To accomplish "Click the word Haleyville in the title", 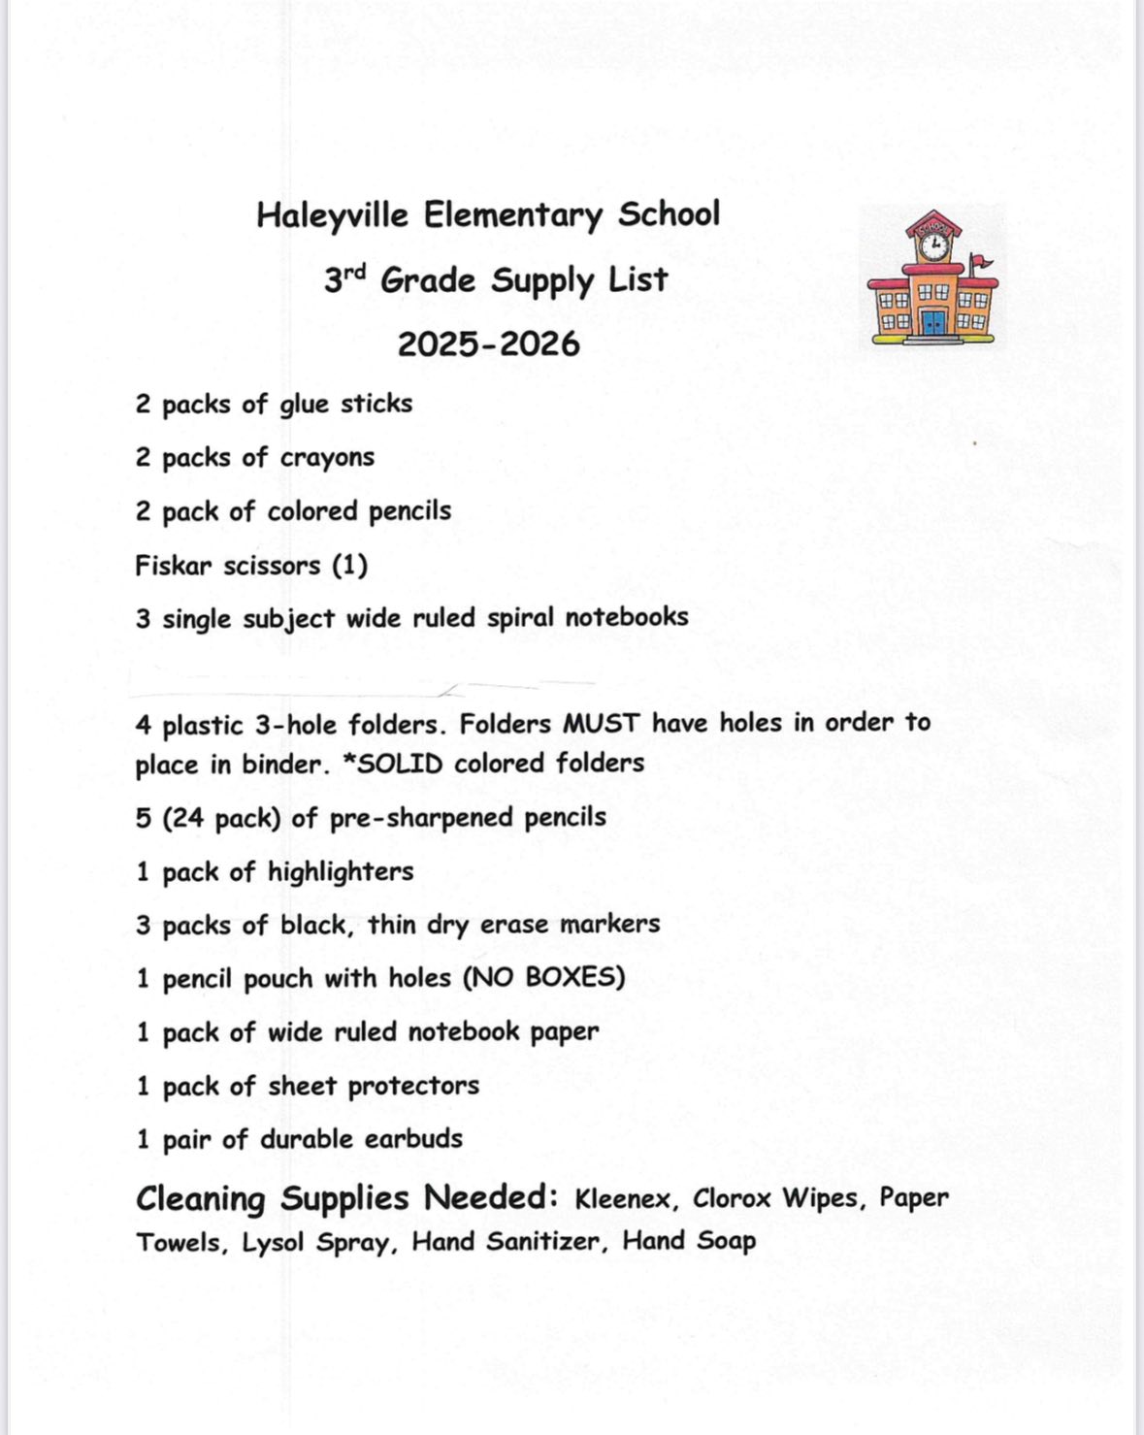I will (x=332, y=215).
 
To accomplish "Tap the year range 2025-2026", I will (x=488, y=344).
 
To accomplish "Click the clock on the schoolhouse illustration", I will (x=934, y=245).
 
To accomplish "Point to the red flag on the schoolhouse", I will (x=982, y=260).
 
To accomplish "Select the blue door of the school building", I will (x=933, y=322).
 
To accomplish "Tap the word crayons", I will (x=325, y=458).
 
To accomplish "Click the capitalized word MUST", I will (x=602, y=724).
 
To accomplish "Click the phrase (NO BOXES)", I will (x=544, y=977).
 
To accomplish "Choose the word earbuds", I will (x=413, y=1138).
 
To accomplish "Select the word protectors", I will (x=413, y=1086).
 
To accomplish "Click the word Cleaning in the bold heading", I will (x=200, y=1199).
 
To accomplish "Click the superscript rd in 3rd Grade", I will (x=355, y=273).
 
